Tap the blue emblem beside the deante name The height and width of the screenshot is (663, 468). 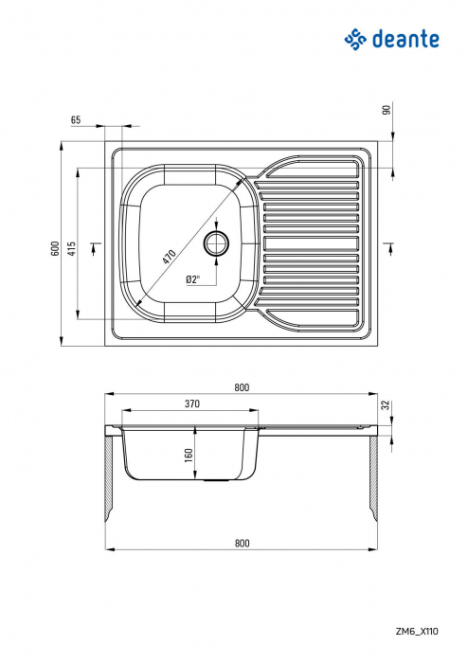click(x=354, y=38)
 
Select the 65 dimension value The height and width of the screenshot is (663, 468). click(x=76, y=120)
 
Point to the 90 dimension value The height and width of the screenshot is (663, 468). click(x=387, y=110)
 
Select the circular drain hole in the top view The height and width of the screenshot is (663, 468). click(x=217, y=242)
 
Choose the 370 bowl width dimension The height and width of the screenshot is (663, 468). click(x=192, y=404)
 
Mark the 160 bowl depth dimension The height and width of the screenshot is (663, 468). click(x=188, y=455)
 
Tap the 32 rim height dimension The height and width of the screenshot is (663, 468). click(x=387, y=404)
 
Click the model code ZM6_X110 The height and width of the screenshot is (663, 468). click(x=417, y=641)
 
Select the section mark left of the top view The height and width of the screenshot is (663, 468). click(x=93, y=248)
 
